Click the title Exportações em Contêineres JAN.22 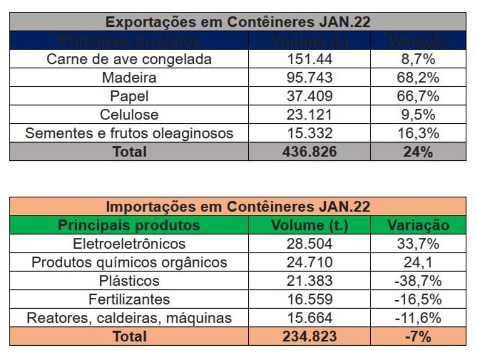[238, 22]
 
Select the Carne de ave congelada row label [129, 59]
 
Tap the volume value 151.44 [309, 59]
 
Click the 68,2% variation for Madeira [418, 78]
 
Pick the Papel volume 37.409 [309, 96]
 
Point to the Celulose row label [129, 115]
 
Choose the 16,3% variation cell [418, 133]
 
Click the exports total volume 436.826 [309, 152]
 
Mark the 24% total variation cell [418, 152]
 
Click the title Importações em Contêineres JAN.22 [238, 207]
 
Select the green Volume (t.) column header [309, 225]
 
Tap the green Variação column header [418, 225]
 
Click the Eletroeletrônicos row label [129, 244]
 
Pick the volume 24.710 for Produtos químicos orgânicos [309, 262]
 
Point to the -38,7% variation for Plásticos [418, 281]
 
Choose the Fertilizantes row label [129, 299]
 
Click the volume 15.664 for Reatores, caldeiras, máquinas [309, 318]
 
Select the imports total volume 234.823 [309, 337]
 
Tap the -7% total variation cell [418, 337]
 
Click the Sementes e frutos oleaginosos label [129, 133]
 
